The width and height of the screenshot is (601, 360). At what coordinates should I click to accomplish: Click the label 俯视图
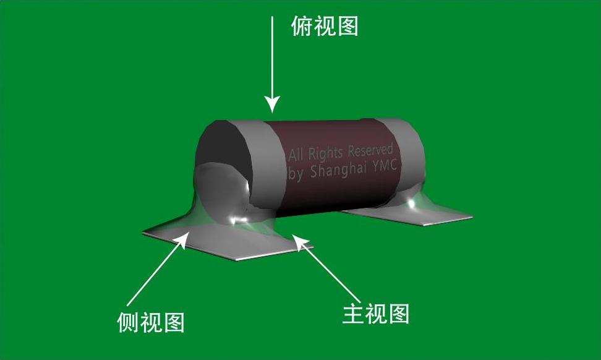325,27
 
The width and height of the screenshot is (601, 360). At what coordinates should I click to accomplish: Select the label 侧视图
151,322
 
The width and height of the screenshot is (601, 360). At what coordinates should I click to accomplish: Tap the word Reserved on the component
370,150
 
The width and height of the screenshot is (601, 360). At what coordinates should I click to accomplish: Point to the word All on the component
297,155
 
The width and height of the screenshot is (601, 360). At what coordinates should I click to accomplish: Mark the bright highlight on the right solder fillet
411,202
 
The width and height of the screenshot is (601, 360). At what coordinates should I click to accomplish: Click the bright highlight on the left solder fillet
238,218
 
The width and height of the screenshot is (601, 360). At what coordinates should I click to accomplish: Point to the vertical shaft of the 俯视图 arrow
272,56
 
